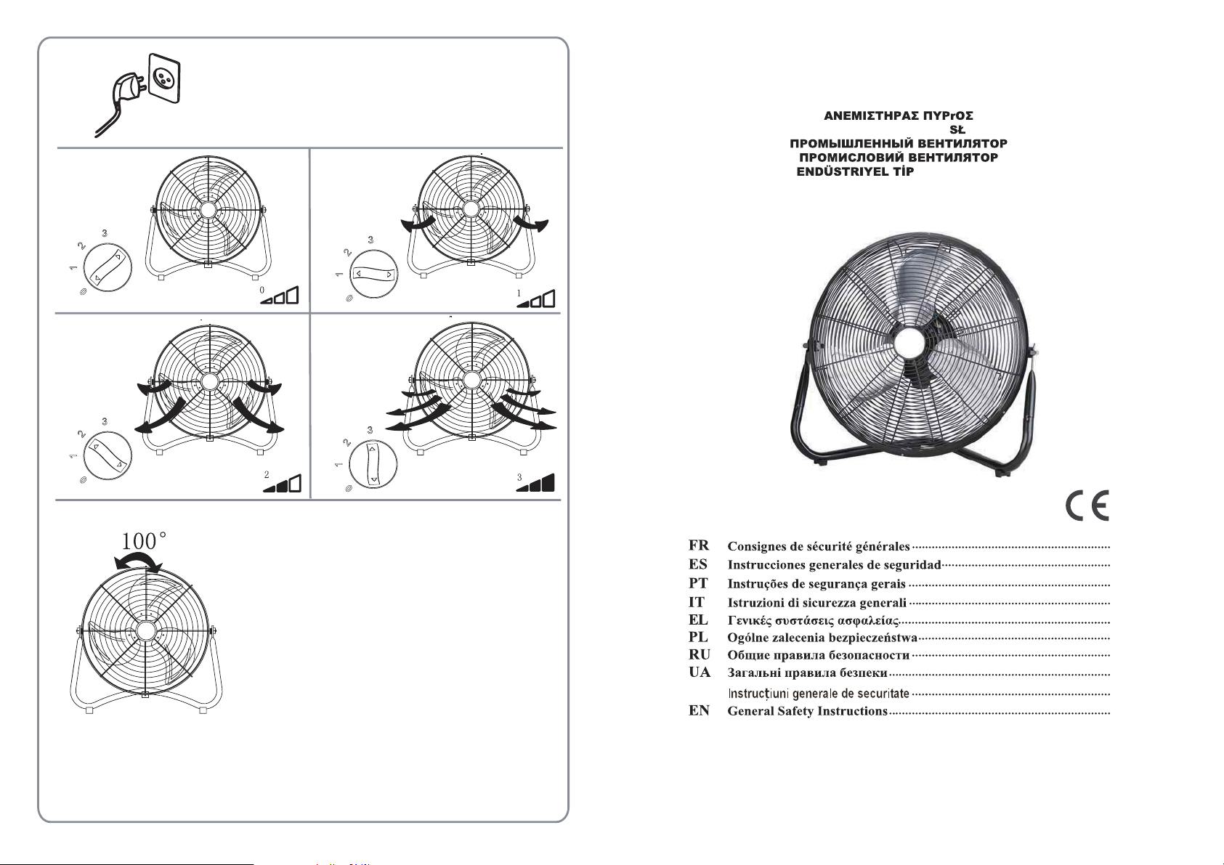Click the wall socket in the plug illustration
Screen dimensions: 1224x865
[x=164, y=78]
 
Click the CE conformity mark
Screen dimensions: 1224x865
[x=1087, y=505]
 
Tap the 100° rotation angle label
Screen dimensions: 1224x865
[x=144, y=541]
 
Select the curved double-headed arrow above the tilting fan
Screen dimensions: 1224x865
[x=138, y=560]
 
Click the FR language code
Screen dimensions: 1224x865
[x=699, y=545]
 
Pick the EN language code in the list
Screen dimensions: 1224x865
[x=699, y=710]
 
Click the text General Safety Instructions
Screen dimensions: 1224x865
[x=807, y=711]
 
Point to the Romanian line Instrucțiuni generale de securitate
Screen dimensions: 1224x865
[x=819, y=694]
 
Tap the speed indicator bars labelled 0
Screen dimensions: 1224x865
[x=279, y=295]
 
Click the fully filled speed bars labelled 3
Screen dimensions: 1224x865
[x=535, y=482]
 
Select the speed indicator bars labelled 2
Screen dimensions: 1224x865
[x=281, y=483]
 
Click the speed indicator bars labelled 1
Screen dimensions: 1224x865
[x=535, y=299]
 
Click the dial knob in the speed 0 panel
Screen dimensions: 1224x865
[x=108, y=268]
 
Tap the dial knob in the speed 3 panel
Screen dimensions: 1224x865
[x=373, y=465]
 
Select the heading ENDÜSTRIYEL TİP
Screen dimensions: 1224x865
[x=855, y=171]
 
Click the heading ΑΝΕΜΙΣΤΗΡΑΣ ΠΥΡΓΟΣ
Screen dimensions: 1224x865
[x=899, y=116]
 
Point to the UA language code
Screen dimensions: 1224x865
[x=700, y=672]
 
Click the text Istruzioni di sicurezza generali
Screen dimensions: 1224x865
[x=817, y=603]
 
